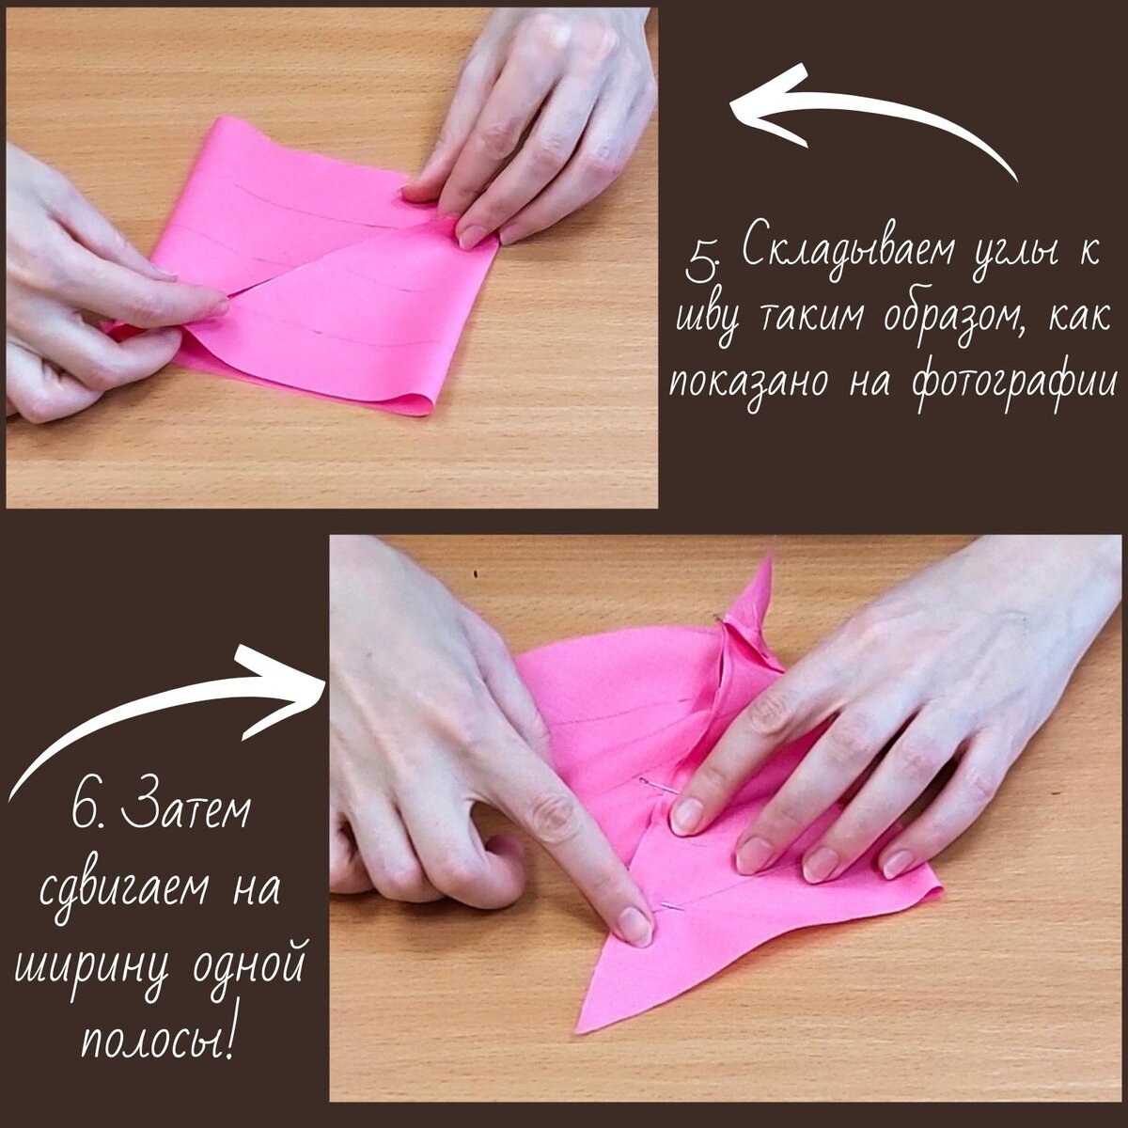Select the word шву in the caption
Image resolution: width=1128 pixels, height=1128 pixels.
tap(710, 322)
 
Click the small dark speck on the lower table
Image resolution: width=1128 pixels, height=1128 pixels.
tap(476, 574)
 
